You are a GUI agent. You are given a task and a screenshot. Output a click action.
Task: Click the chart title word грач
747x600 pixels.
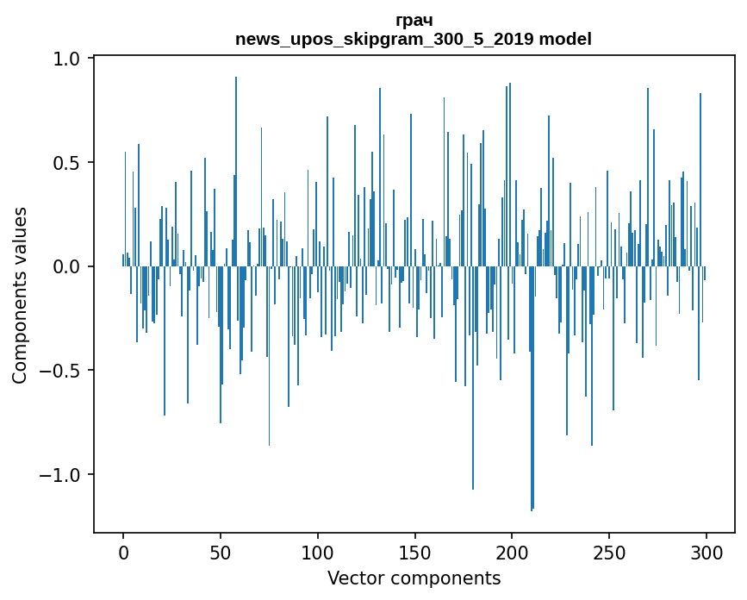click(x=414, y=20)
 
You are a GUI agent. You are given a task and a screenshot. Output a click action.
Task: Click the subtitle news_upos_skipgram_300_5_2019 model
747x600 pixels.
click(x=414, y=39)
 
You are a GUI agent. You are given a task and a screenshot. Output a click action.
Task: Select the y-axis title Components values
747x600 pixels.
click(x=19, y=295)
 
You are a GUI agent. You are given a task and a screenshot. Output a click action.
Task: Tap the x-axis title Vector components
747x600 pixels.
click(x=414, y=578)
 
